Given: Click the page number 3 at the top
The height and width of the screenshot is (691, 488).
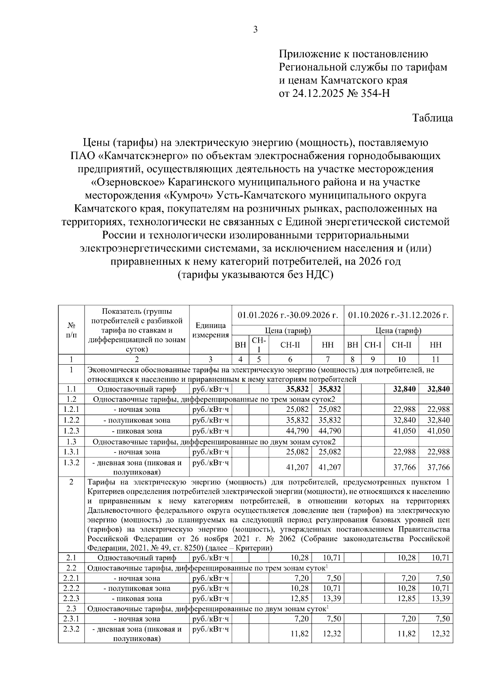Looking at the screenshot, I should [255, 29].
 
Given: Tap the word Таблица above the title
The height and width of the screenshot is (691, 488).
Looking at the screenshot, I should [432, 118].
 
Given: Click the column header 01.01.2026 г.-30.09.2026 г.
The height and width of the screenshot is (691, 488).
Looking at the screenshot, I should [288, 315].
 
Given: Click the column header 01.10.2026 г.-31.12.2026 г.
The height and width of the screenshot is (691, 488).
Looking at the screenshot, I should [399, 315].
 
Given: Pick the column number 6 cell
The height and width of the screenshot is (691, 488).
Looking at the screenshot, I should [290, 359].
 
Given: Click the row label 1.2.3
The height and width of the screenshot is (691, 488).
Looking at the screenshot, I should [71, 431].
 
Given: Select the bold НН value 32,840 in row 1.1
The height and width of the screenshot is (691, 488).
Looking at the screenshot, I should [438, 389].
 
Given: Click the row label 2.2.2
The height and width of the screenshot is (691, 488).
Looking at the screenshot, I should [71, 588].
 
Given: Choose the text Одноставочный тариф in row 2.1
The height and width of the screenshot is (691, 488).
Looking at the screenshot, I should [137, 558].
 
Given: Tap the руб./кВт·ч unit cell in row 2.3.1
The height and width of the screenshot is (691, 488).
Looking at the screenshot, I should [210, 619].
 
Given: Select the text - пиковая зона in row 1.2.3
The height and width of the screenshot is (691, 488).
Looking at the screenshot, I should [137, 431].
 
